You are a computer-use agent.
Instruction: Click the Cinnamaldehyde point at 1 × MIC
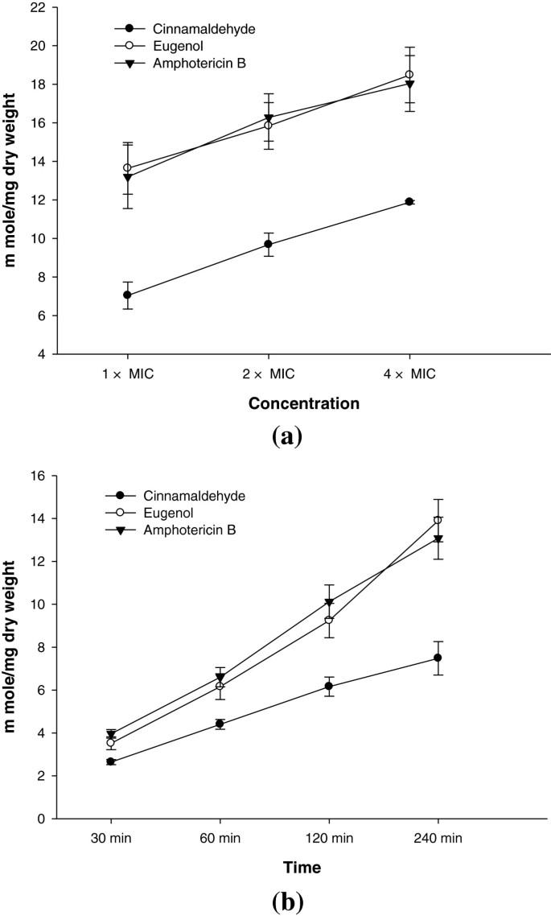[127, 295]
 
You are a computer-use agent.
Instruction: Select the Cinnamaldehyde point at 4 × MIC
[409, 201]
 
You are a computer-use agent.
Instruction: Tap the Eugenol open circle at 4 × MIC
[409, 75]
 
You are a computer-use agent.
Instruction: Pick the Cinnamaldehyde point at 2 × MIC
[268, 244]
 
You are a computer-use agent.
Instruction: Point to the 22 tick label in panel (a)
[41, 7]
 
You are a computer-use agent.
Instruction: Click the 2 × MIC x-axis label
[268, 375]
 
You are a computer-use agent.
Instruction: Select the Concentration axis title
[269, 402]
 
